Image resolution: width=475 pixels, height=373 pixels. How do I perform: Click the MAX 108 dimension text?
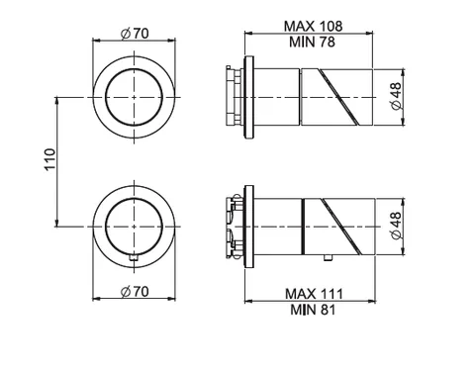coord(313,26)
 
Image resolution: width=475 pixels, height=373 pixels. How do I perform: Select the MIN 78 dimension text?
coord(312,42)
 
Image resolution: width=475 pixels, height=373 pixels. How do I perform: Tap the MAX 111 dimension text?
coord(314,294)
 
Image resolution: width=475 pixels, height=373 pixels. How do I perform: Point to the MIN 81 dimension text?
coord(313,310)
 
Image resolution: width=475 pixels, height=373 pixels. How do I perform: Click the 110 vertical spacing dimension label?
coord(50,159)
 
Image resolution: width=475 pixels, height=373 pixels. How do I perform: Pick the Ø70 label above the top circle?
coord(135,34)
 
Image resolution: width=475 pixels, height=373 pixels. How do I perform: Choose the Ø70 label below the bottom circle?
coord(135,291)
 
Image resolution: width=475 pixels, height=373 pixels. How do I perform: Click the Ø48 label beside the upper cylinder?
coord(396,96)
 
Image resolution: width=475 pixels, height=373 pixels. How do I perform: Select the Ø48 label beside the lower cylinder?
coord(396,226)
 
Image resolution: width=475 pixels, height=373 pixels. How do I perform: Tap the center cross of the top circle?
coord(134,97)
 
